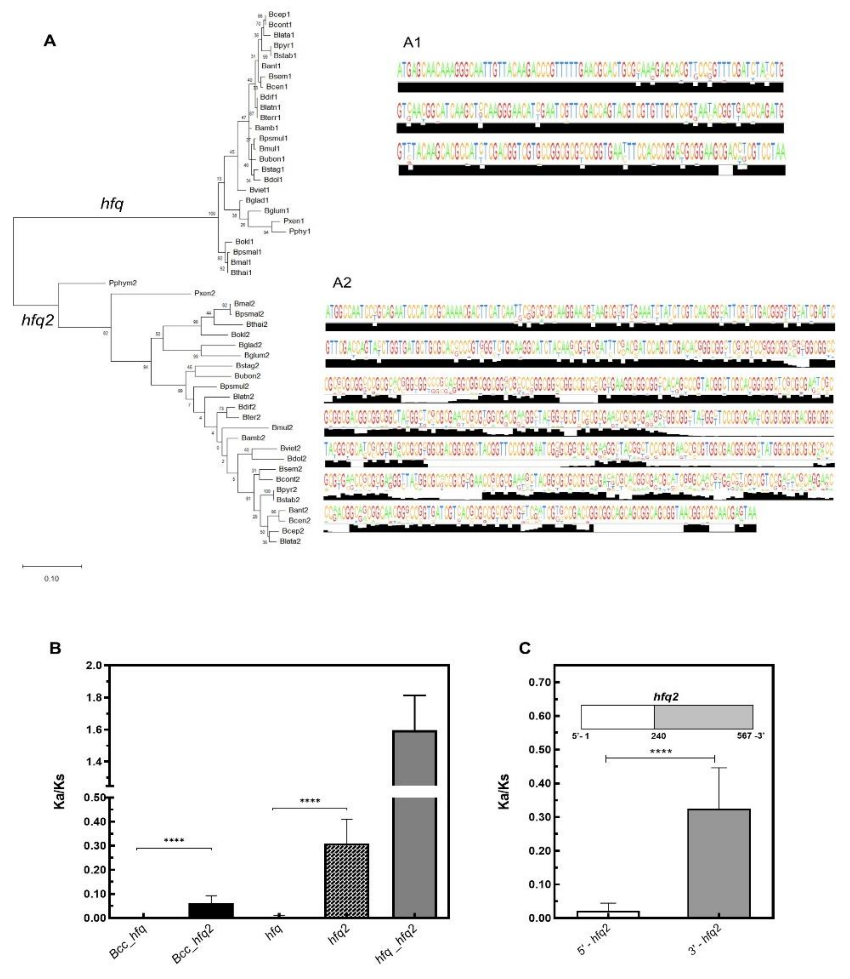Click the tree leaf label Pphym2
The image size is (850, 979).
click(122, 283)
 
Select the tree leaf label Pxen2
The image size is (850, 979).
click(204, 293)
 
